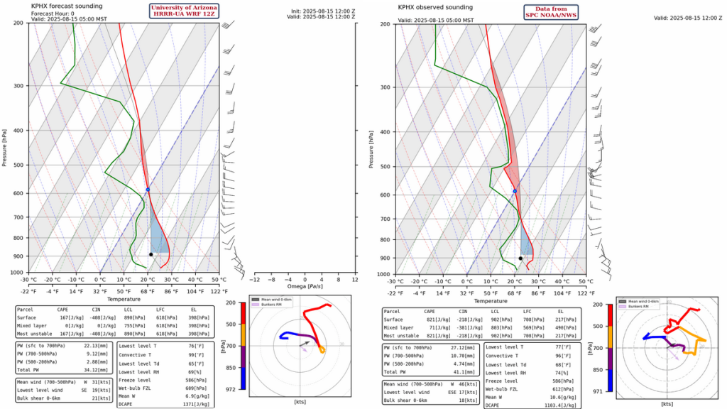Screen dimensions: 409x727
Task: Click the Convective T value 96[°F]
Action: coord(563,356)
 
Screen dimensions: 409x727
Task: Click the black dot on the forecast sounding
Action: coord(151,254)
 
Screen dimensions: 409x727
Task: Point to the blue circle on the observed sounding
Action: coord(515,191)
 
